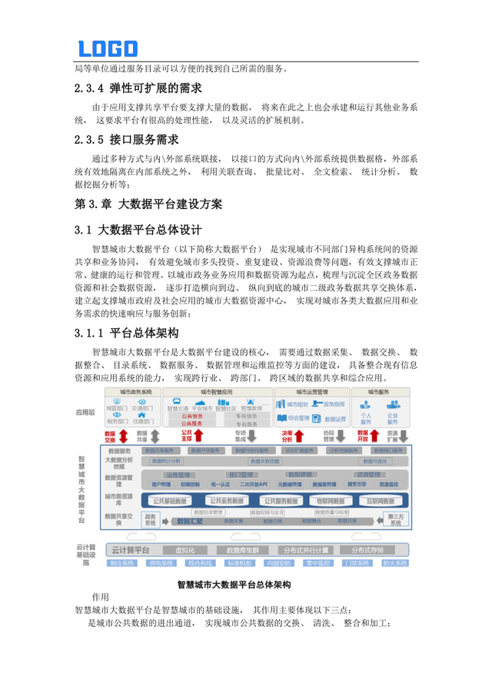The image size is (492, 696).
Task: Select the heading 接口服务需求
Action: click(x=145, y=140)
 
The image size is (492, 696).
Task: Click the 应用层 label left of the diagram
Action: click(x=86, y=412)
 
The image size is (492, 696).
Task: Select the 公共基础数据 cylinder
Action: click(x=170, y=501)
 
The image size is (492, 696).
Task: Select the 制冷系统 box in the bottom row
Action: click(x=121, y=563)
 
